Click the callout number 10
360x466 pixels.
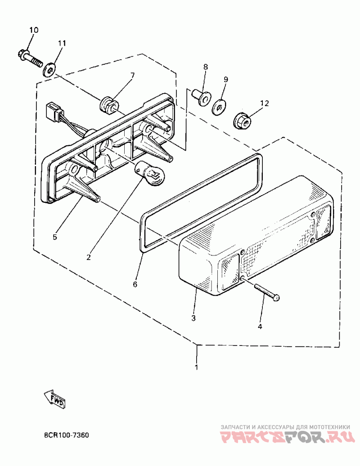click(34, 30)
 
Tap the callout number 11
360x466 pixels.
click(62, 43)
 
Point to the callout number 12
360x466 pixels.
click(264, 103)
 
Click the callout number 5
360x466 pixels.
click(55, 237)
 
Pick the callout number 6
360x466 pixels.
click(135, 284)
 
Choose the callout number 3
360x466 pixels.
click(193, 318)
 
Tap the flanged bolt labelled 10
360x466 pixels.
click(30, 57)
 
